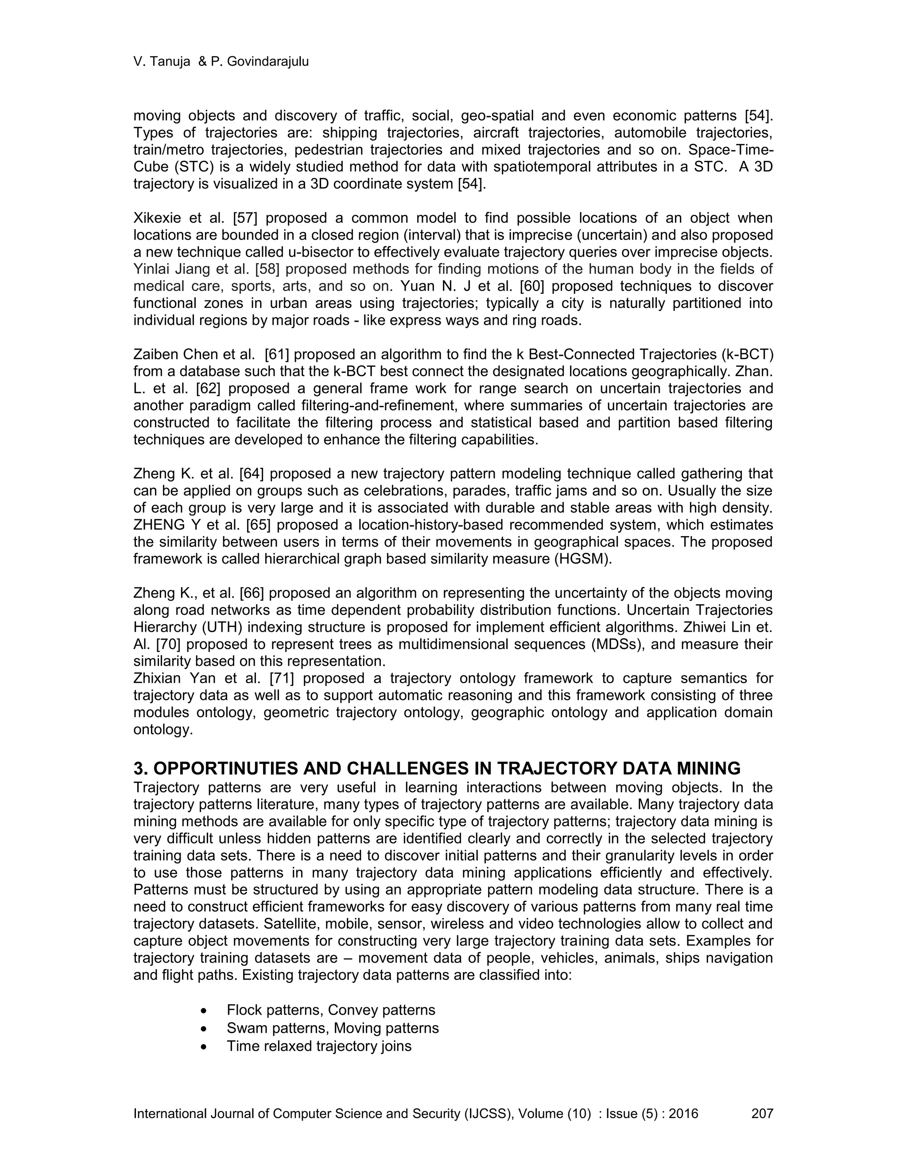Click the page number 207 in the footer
[x=761, y=1113]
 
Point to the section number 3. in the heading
[x=141, y=768]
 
